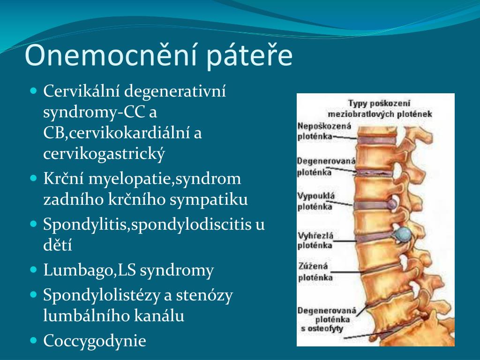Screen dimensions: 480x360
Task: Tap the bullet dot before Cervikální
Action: [33, 89]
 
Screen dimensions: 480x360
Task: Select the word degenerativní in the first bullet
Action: [175, 91]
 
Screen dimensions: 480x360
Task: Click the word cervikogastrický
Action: [105, 154]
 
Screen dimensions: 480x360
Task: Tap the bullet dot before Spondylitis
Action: [33, 224]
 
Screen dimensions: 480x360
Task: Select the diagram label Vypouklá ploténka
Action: [315, 201]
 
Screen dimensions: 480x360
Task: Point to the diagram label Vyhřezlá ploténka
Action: [315, 240]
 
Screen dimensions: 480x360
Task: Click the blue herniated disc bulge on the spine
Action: [403, 232]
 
